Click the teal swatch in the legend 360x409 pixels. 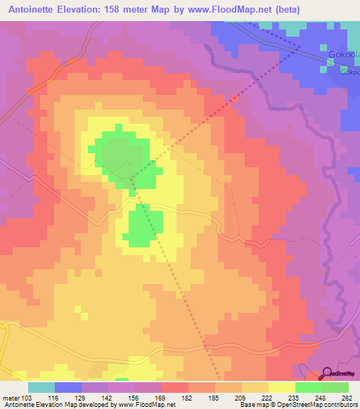tap(41, 387)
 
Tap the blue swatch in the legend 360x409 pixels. tap(67, 387)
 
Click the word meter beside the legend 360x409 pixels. tap(9, 398)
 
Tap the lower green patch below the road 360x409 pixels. tap(145, 228)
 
